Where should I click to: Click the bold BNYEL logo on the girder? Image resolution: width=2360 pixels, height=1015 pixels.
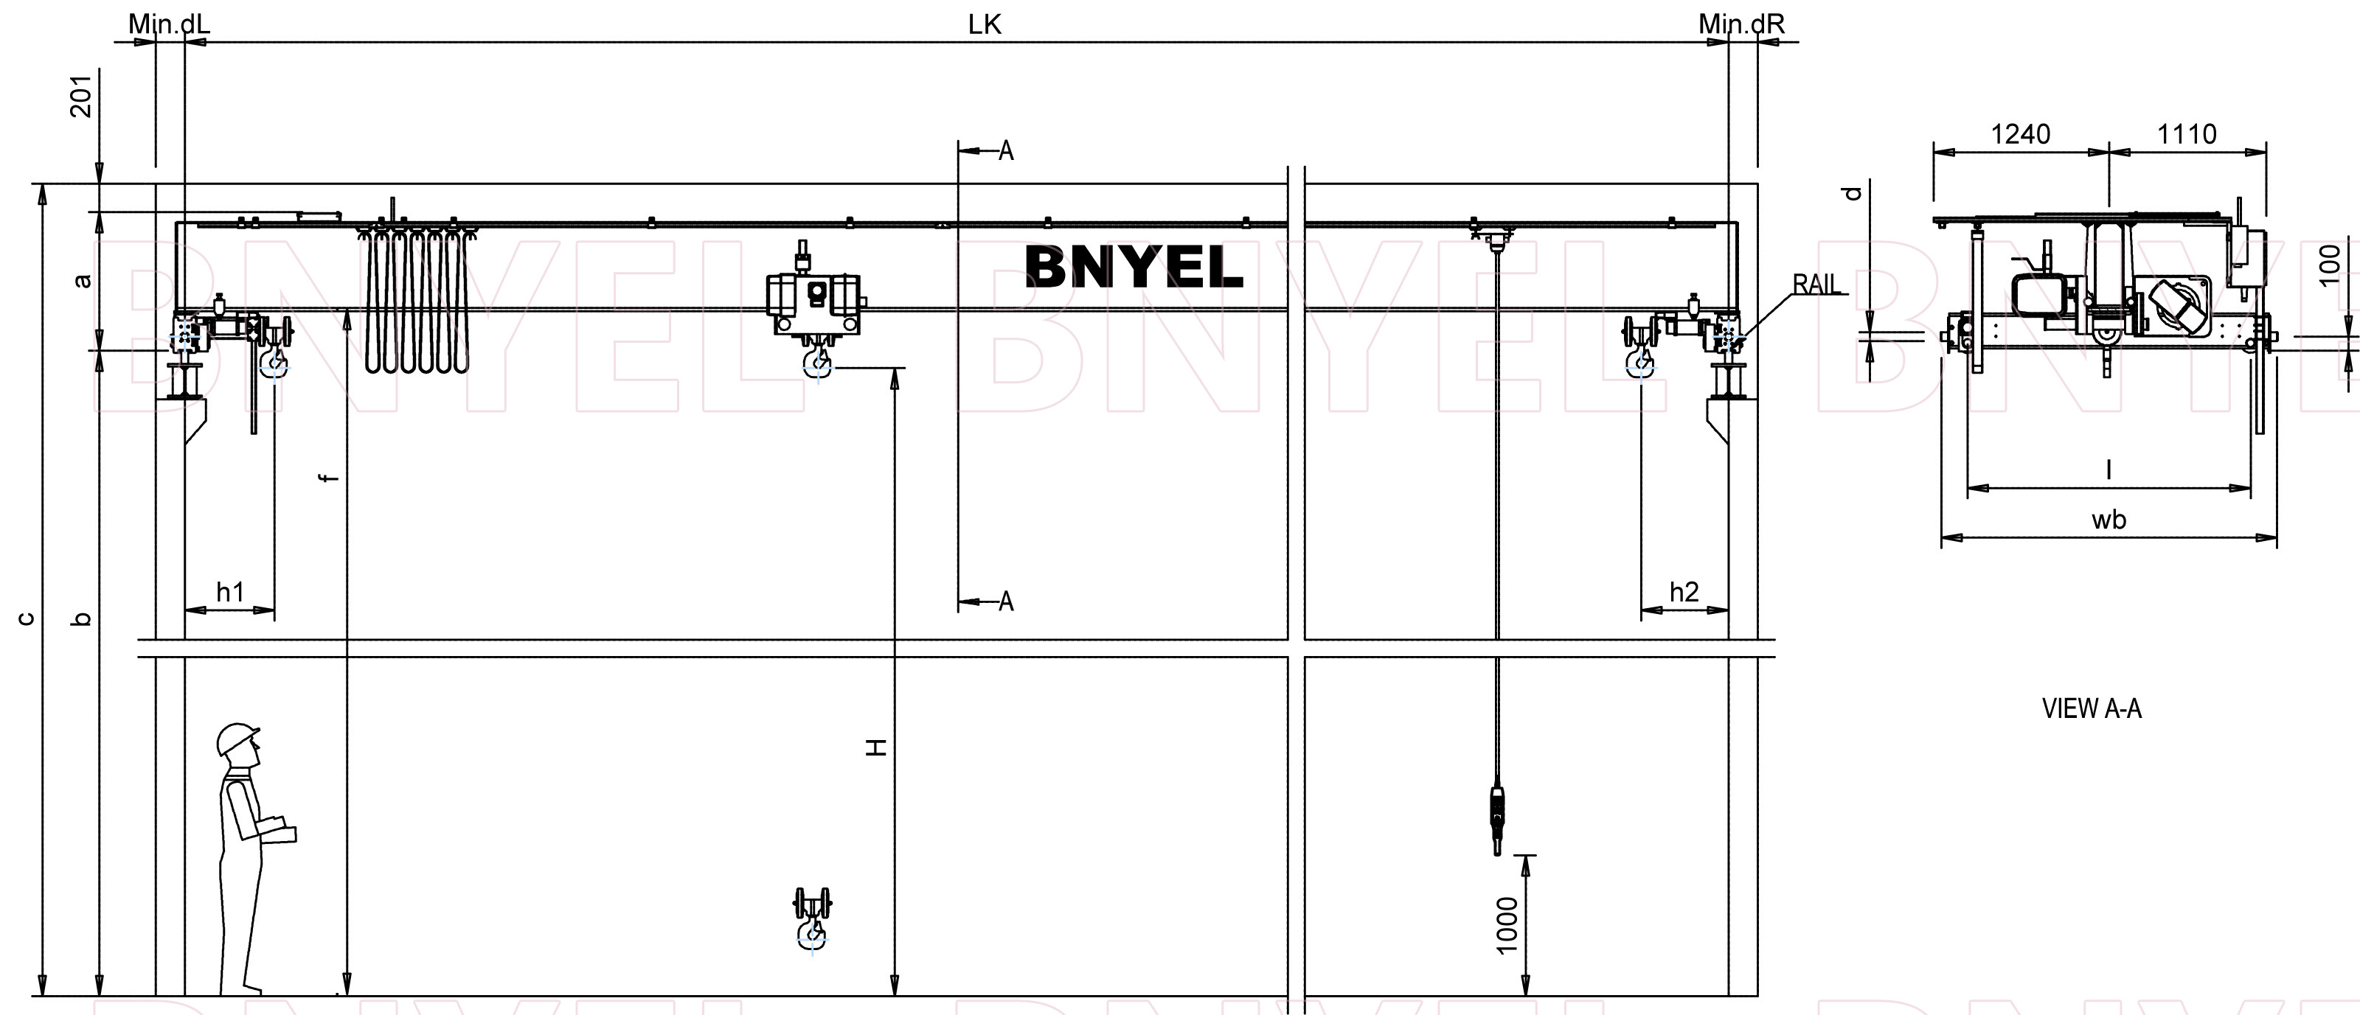pos(1134,267)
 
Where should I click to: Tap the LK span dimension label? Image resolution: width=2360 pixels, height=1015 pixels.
pos(985,25)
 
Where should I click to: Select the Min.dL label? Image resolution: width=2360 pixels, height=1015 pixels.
pos(169,24)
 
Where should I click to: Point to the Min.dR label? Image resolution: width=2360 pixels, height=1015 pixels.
pos(1741,24)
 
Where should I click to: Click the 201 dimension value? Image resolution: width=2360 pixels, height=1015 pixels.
pos(82,96)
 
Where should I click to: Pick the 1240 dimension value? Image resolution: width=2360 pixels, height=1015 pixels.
pos(2020,135)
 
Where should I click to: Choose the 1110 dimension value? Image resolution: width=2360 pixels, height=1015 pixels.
pos(2187,135)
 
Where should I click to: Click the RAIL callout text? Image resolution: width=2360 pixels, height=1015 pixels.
pos(1816,284)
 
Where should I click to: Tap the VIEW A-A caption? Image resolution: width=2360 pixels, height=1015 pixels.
pos(2092,708)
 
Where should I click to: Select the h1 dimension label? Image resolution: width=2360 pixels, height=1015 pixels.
pos(230,592)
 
